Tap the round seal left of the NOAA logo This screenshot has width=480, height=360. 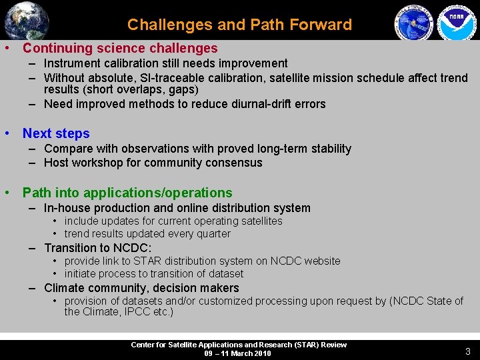(413, 23)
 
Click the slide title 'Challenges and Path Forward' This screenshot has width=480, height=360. (239, 25)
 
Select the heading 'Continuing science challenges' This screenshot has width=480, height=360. (120, 48)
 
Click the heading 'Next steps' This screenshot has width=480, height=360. (56, 133)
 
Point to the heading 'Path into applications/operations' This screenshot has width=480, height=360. (127, 193)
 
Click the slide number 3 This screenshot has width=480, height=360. (467, 351)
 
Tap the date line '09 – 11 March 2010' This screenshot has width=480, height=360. (238, 353)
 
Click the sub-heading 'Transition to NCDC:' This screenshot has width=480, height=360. (97, 247)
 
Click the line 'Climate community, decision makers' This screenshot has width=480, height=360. (141, 288)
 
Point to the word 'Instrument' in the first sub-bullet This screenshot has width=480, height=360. (72, 63)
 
